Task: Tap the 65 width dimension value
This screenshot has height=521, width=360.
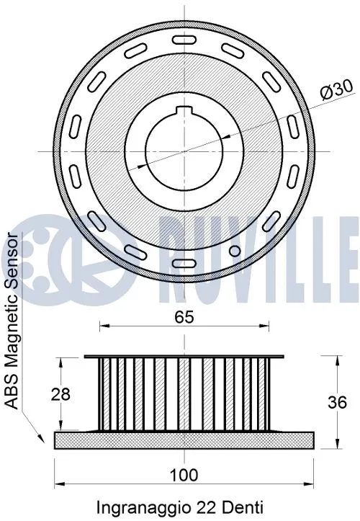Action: pyautogui.click(x=184, y=315)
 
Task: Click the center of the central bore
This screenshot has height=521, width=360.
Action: pyautogui.click(x=184, y=151)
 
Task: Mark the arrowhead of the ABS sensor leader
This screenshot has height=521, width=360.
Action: pyautogui.click(x=36, y=437)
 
